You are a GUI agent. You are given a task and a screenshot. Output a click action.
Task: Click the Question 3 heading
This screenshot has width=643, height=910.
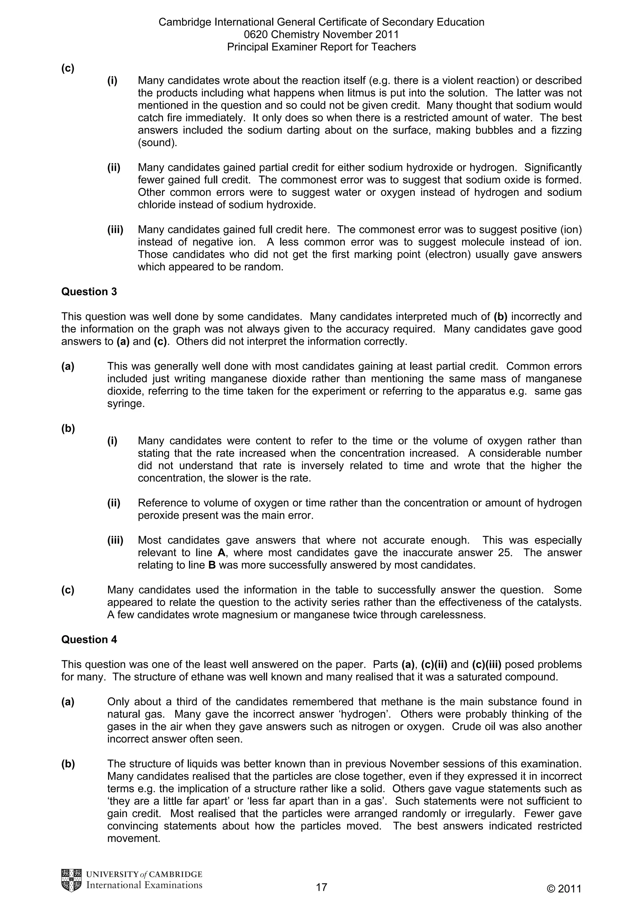pos(89,292)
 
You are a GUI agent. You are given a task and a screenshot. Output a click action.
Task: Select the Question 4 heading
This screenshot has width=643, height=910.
pos(89,640)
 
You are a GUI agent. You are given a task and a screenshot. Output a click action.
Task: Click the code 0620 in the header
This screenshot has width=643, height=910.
pos(256,35)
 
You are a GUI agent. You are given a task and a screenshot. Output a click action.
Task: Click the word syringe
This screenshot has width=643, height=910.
pos(124,404)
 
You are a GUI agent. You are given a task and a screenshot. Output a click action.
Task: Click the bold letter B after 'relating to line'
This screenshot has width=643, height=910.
pos(212,565)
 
